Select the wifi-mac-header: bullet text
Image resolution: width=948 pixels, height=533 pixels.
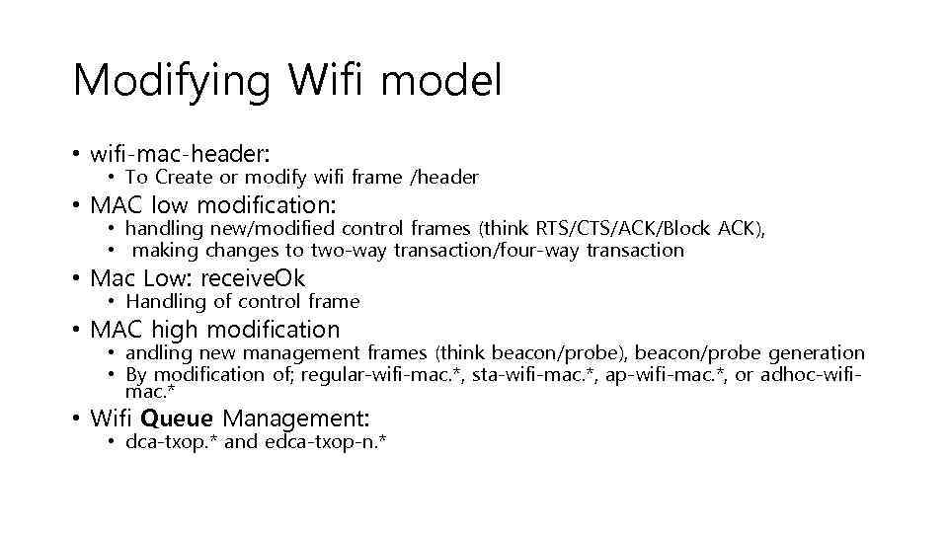tap(180, 154)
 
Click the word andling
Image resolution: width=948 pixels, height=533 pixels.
tap(159, 353)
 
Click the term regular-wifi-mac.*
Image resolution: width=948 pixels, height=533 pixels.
tap(383, 376)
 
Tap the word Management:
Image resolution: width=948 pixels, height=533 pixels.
tap(292, 419)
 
